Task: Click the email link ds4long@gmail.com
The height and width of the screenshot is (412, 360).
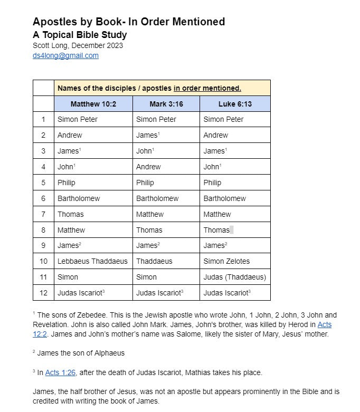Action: click(65, 55)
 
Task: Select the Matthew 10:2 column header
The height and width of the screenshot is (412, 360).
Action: click(93, 104)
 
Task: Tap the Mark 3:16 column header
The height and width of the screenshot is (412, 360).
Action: click(166, 104)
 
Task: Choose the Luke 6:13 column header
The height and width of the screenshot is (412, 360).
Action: click(235, 104)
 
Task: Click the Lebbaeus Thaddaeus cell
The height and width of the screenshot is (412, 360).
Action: click(92, 261)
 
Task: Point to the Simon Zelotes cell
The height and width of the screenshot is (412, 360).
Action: click(226, 261)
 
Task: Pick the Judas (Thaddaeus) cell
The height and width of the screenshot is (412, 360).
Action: click(234, 277)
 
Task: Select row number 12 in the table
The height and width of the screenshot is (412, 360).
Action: click(43, 293)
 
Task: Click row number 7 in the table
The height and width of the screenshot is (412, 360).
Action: click(43, 214)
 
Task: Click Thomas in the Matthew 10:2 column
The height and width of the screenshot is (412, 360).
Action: click(70, 214)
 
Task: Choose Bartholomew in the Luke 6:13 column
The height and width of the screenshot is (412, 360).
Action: click(224, 198)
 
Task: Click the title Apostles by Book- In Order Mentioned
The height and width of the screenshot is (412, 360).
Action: click(129, 22)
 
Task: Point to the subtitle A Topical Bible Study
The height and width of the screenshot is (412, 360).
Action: click(80, 35)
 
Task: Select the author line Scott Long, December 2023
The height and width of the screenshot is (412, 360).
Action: click(78, 45)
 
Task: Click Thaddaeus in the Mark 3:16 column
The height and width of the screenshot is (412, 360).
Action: click(154, 261)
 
